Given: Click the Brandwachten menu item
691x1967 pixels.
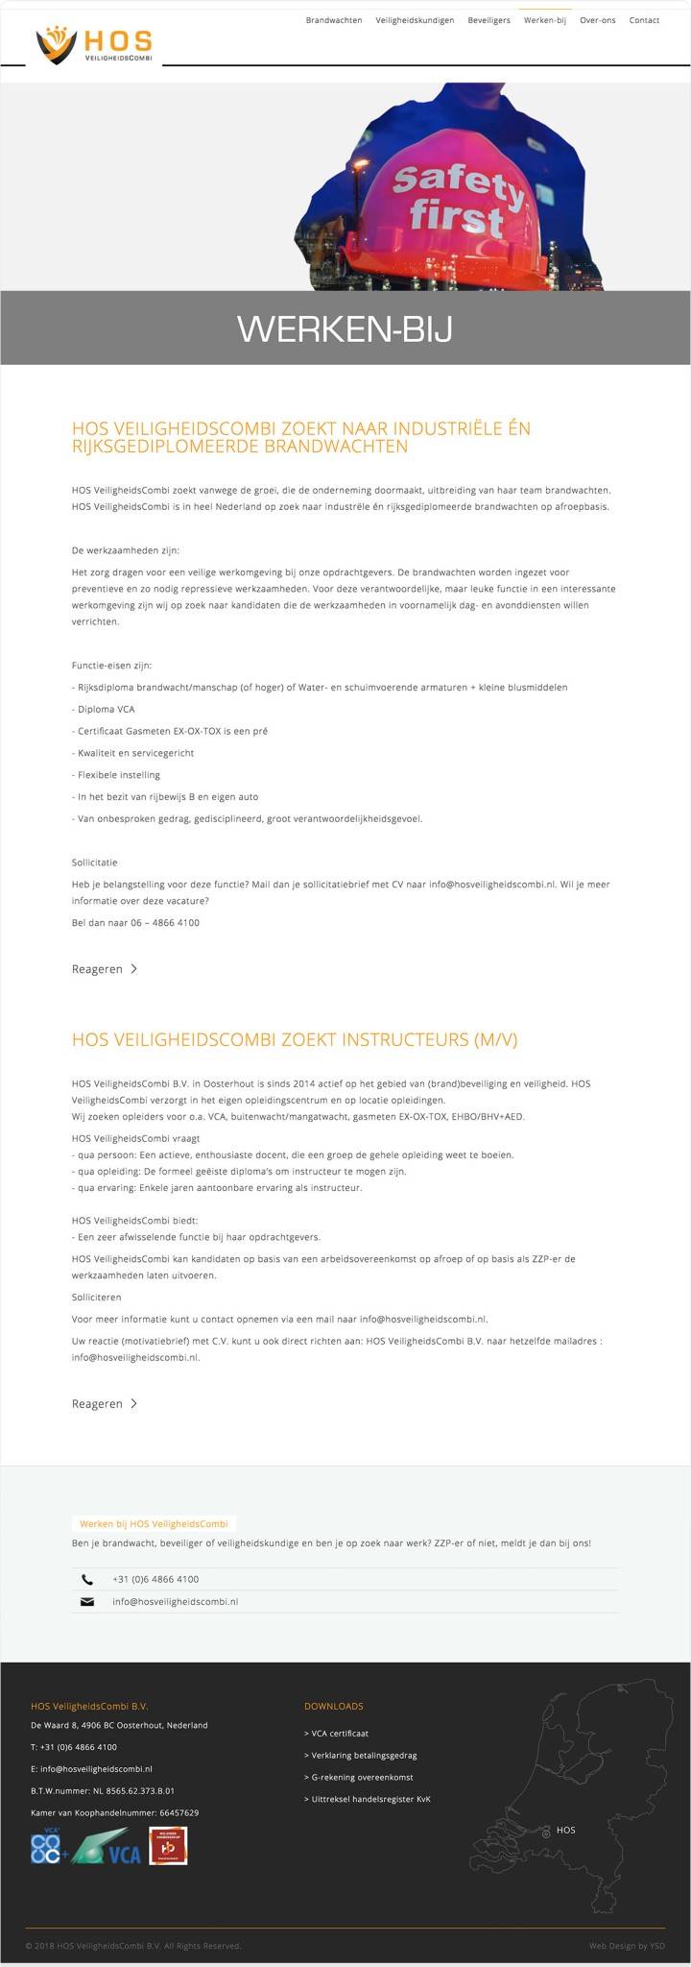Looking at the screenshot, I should pyautogui.click(x=334, y=20).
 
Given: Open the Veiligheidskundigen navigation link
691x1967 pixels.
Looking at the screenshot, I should pyautogui.click(x=415, y=20).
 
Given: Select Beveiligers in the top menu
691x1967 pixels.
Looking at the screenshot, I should pyautogui.click(x=488, y=20).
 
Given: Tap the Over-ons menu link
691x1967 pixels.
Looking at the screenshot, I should pyautogui.click(x=598, y=20).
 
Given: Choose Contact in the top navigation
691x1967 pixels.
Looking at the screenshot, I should pyautogui.click(x=644, y=20).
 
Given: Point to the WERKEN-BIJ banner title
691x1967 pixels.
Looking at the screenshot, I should pyautogui.click(x=345, y=328).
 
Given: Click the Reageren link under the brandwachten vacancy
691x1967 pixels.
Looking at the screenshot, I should pyautogui.click(x=105, y=969).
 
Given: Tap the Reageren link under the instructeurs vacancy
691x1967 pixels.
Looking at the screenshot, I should pyautogui.click(x=105, y=1404).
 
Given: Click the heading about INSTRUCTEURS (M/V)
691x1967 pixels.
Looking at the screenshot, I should pyautogui.click(x=295, y=1040).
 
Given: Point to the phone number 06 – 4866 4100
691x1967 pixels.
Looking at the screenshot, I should pyautogui.click(x=164, y=923).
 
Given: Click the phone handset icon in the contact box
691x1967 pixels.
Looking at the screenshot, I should pyautogui.click(x=87, y=1579).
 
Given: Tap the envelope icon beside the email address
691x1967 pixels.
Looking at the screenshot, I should pyautogui.click(x=87, y=1601).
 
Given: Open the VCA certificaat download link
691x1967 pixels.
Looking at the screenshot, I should pyautogui.click(x=336, y=1734).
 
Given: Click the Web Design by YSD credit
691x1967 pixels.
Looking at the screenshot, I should pyautogui.click(x=627, y=1946).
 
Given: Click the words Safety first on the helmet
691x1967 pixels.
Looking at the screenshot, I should pyautogui.click(x=458, y=199).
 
